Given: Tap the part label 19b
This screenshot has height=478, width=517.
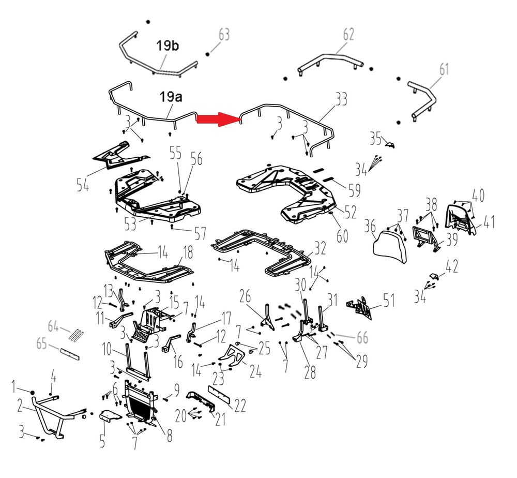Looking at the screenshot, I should click(168, 46).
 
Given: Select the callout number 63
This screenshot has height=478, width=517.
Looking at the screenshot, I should click(224, 35).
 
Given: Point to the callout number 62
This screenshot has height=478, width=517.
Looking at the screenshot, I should click(348, 35).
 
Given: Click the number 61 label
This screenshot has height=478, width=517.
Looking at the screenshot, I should click(444, 69).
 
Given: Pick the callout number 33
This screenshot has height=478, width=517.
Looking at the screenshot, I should click(341, 99).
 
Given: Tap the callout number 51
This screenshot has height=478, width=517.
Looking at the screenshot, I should click(388, 300).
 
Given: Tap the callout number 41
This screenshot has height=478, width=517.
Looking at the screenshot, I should click(489, 223).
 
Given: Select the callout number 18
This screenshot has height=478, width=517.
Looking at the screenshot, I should click(188, 252).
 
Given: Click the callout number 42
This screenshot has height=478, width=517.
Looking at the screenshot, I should click(451, 267).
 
